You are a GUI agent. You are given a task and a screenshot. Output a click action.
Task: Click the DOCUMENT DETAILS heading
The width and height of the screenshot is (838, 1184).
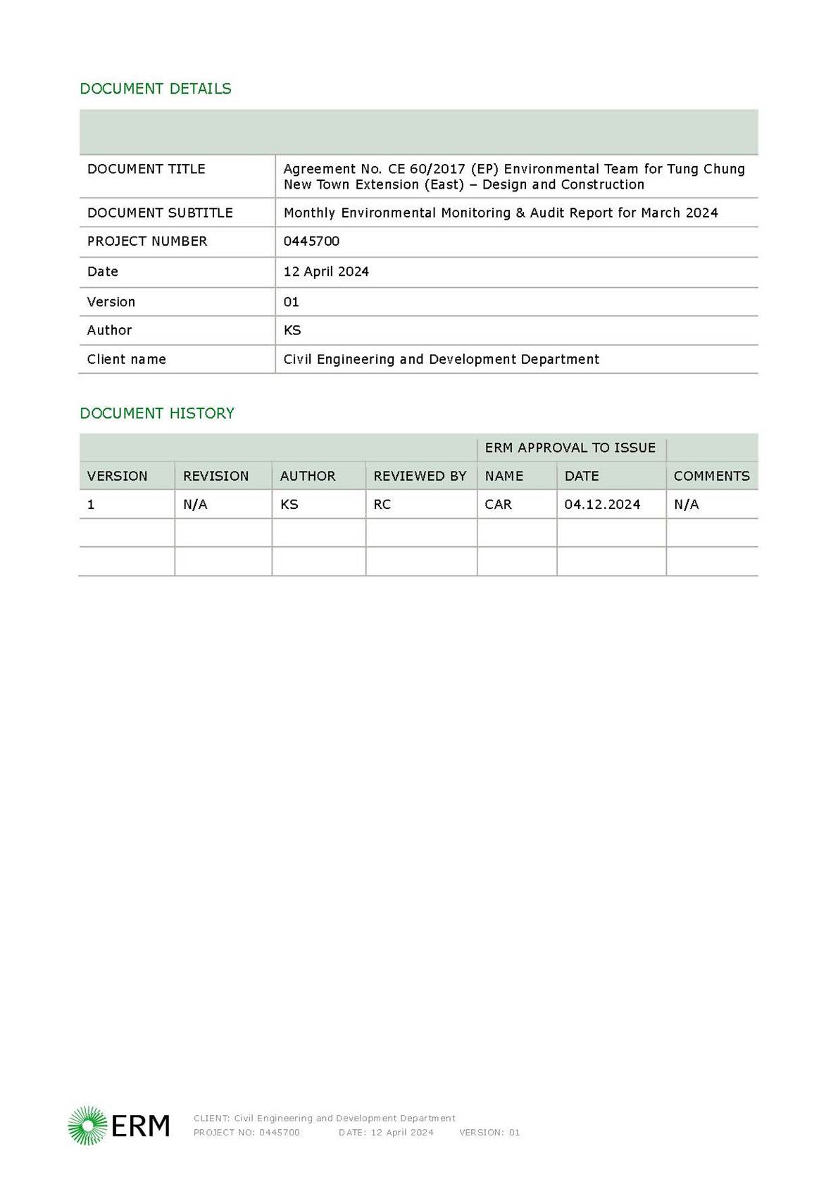pos(156,89)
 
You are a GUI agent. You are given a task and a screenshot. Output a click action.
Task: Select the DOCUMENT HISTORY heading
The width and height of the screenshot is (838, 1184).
pos(157,413)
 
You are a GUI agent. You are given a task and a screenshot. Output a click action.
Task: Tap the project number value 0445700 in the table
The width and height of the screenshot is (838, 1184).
pos(311,241)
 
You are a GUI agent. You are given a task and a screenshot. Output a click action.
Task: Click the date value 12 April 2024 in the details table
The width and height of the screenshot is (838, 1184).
pos(326,272)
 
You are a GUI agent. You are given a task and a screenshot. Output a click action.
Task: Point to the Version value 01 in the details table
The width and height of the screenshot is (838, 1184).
pos(292,302)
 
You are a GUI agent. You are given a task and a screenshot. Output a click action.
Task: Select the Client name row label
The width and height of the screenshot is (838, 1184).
pos(127,359)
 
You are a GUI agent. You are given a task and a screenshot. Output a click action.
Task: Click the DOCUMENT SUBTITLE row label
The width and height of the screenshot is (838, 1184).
pos(160,213)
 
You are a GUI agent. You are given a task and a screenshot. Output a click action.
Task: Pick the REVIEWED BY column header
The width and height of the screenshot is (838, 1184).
pos(420,476)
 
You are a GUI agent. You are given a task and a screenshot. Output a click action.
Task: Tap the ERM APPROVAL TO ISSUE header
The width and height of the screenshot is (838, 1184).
pos(570,448)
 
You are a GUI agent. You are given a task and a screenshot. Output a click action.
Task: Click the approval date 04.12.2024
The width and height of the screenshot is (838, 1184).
pos(602,505)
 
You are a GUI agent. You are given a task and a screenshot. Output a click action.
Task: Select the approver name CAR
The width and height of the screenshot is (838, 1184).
pos(498,505)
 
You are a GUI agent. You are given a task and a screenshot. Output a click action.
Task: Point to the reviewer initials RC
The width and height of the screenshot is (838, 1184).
pos(382,505)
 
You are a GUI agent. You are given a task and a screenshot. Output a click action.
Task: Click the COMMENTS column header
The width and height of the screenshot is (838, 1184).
pos(711,476)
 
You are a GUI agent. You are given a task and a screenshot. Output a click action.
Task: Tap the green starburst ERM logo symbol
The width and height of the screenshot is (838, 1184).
pos(87,1125)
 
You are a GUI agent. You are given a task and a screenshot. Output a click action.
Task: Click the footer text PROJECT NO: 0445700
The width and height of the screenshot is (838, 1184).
pos(246,1133)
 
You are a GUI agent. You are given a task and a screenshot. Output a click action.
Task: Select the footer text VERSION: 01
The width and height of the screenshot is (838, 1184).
pos(489,1133)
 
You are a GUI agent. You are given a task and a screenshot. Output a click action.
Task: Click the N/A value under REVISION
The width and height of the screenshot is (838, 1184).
pos(195,505)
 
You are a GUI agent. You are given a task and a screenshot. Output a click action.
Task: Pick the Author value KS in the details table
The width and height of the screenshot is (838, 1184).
pos(292,330)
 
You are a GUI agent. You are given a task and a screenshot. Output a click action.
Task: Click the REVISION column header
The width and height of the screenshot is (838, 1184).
pos(215,476)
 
